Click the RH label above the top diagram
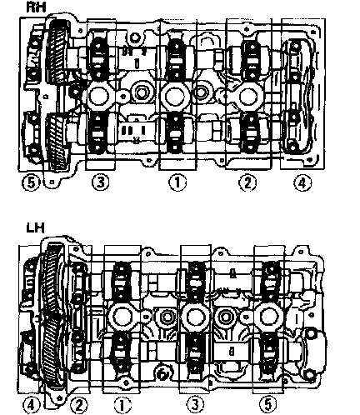click(36, 7)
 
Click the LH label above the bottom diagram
click(35, 228)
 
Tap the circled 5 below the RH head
click(31, 182)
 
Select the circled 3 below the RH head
click(101, 182)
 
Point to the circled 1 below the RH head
click(177, 182)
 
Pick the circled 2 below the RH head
click(247, 182)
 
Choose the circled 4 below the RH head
click(302, 182)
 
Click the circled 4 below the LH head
click(31, 405)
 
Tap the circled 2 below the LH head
click(78, 405)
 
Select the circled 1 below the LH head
click(122, 405)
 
